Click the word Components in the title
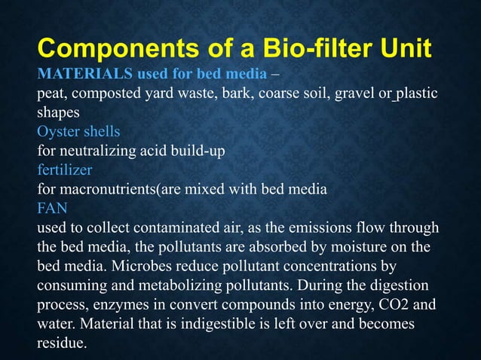pyautogui.click(x=106, y=50)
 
